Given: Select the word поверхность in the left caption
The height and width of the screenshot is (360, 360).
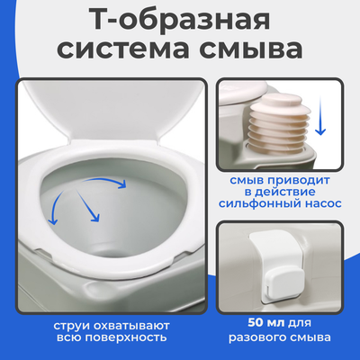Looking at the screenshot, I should click(x=134, y=337).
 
